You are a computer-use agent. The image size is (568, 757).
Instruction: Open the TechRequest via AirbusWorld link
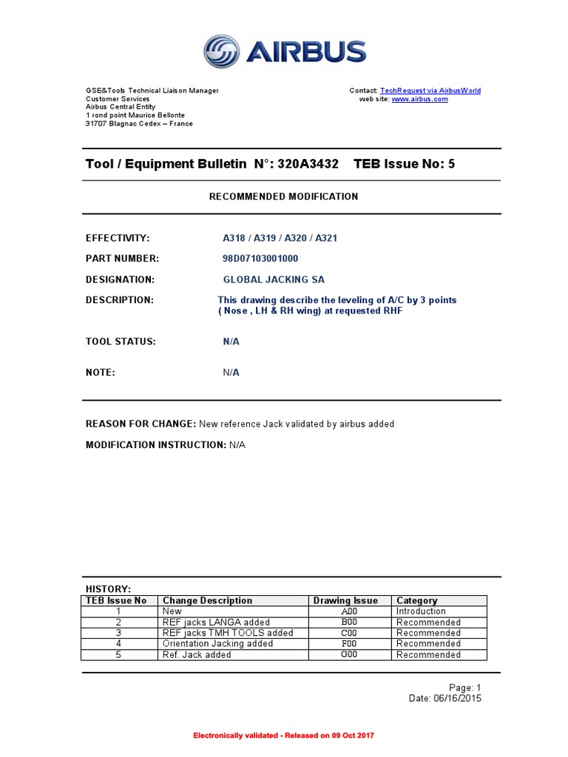pos(430,91)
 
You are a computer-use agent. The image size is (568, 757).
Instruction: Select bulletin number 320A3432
pos(308,164)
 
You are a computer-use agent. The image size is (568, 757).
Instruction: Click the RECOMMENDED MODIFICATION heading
pos(283,197)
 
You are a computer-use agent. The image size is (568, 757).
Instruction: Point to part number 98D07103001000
pos(261,259)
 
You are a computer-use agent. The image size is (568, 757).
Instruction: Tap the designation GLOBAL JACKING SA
pos(274,279)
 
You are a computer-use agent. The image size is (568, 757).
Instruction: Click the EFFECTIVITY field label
pos(118,238)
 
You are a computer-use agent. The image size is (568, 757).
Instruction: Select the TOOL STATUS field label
pos(121,342)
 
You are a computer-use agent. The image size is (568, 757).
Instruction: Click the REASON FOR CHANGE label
pos(141,424)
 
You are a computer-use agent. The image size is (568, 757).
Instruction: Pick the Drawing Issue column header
pos(345,601)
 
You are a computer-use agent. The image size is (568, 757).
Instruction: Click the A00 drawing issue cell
pos(349,611)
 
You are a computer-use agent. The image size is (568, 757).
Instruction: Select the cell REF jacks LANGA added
pos(216,622)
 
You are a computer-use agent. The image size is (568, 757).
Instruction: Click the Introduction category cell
pos(421,611)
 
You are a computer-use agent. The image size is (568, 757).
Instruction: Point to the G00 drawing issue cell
pos(349,655)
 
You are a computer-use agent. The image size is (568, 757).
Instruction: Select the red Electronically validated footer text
pos(284,736)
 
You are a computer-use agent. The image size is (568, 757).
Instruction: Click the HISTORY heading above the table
pos(108,589)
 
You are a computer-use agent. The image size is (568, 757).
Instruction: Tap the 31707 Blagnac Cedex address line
pos(139,123)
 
